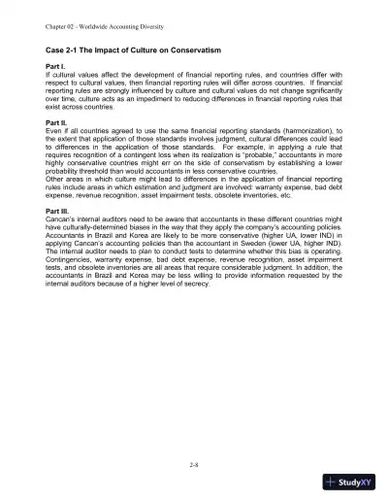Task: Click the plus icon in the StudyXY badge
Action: click(335, 483)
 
